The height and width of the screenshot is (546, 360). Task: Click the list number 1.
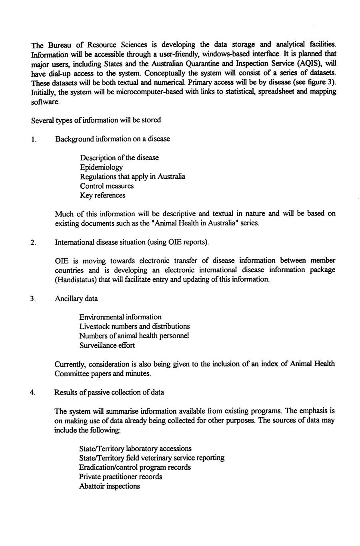[34, 140]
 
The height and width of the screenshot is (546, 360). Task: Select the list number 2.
[33, 243]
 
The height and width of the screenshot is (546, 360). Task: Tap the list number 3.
[33, 299]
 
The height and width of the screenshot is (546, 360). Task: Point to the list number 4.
[33, 393]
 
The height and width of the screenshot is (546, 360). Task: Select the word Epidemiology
[101, 167]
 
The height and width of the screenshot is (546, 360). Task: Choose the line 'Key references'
[102, 195]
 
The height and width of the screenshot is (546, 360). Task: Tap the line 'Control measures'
[107, 186]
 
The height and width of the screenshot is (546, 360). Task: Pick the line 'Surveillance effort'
[107, 345]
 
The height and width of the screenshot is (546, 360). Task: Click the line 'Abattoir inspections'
[109, 486]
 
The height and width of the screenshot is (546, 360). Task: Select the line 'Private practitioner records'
[120, 477]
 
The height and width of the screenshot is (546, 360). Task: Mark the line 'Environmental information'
[120, 317]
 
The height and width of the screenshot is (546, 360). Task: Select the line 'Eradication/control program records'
[135, 467]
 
